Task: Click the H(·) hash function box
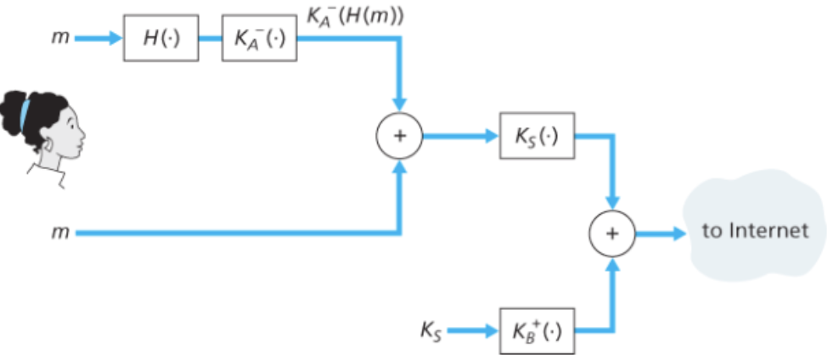[160, 38]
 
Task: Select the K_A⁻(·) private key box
[259, 38]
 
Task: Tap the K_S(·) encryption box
[538, 136]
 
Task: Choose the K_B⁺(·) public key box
[538, 330]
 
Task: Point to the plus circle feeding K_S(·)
[399, 136]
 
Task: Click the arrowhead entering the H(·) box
[117, 38]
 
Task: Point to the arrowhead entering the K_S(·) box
[493, 136]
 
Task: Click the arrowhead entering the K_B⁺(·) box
[493, 330]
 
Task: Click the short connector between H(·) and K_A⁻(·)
[210, 38]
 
